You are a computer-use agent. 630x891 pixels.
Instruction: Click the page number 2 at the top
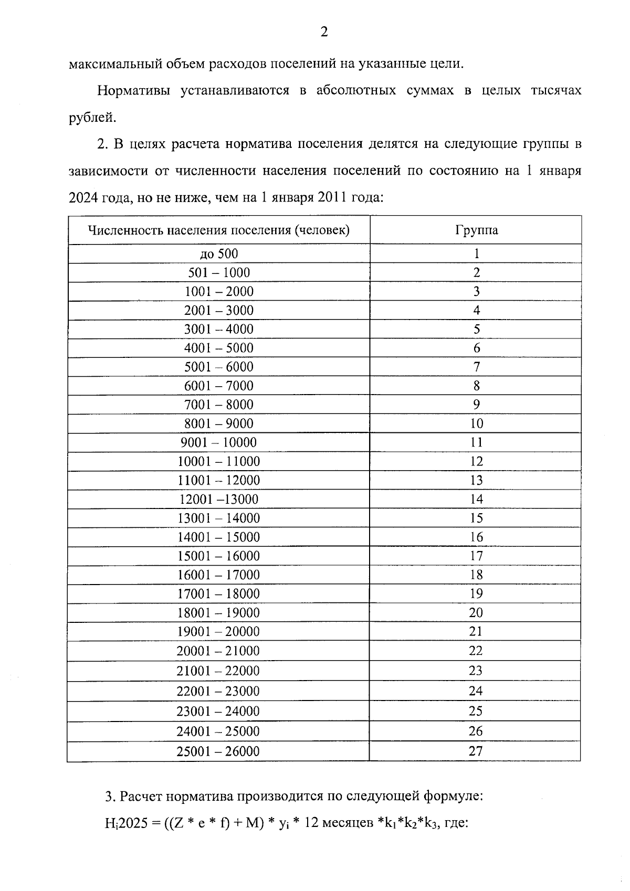point(324,33)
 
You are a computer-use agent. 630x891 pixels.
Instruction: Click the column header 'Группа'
point(476,230)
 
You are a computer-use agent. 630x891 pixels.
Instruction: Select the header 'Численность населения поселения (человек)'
point(218,230)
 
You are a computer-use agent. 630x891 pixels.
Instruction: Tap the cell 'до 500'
point(218,254)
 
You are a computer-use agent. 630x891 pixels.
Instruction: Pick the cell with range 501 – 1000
point(218,273)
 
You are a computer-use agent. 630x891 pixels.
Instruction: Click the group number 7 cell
point(476,367)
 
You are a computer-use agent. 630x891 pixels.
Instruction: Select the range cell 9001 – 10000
point(218,443)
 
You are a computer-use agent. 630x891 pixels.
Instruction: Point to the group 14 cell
point(476,500)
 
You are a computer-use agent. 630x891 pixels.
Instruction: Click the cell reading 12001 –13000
point(218,500)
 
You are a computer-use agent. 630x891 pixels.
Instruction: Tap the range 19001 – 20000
point(218,632)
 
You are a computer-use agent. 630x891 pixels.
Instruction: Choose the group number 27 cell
point(476,751)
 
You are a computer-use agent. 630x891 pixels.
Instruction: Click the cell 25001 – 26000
point(218,751)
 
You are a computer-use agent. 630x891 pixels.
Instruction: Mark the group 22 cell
point(476,651)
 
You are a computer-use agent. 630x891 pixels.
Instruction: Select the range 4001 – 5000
point(218,348)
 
